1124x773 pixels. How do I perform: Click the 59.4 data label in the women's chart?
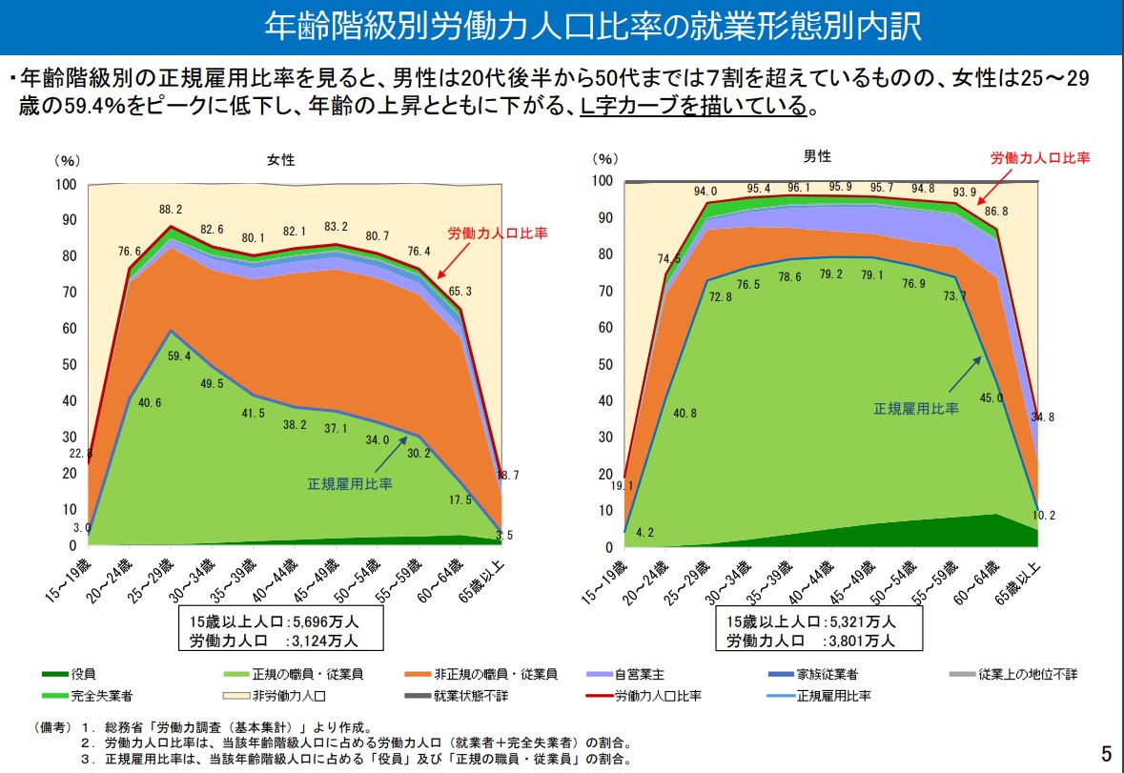(x=178, y=356)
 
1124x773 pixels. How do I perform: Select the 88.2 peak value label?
(x=172, y=210)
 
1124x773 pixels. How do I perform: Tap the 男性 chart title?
(x=817, y=156)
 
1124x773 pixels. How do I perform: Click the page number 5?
(x=1106, y=754)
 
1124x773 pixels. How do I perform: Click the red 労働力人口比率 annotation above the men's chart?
(x=1039, y=158)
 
